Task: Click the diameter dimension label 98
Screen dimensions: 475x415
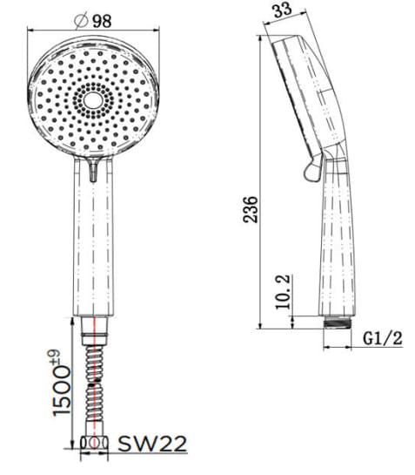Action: point(102,20)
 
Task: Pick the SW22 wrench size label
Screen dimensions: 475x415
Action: point(154,444)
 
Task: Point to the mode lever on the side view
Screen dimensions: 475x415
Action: point(311,167)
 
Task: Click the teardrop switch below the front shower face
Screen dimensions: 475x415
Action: point(94,170)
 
